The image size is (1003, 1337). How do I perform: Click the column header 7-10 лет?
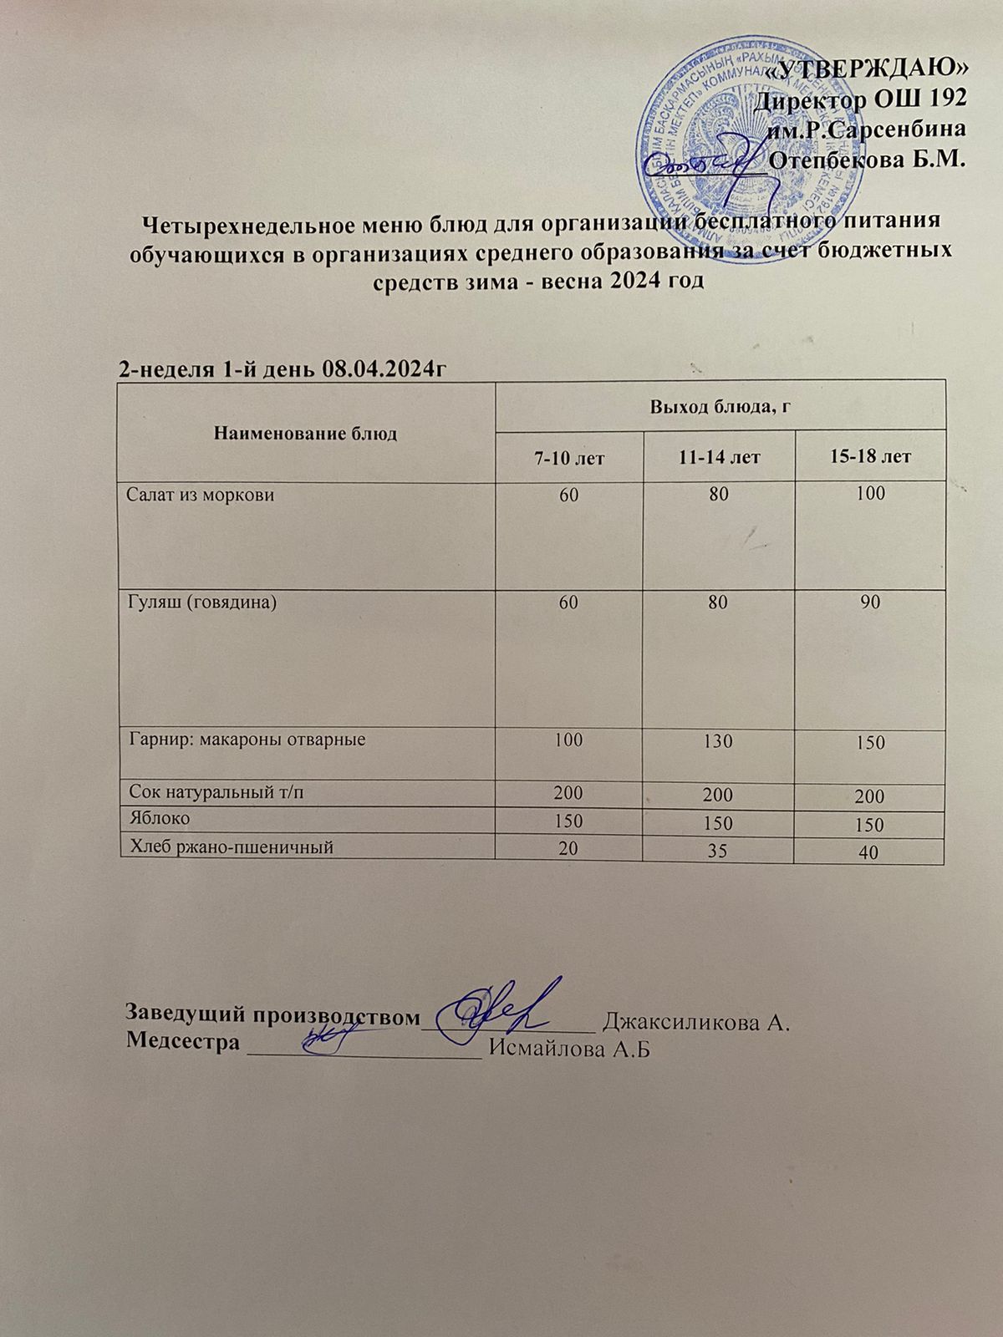[x=569, y=458]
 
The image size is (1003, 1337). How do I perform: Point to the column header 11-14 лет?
[x=719, y=458]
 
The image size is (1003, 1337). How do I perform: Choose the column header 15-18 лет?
[x=869, y=457]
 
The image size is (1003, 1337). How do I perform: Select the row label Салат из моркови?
[x=201, y=495]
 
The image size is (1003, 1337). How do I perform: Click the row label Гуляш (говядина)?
[x=201, y=602]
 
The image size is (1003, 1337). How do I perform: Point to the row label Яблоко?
[x=160, y=820]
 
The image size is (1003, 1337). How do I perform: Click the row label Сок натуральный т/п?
[x=215, y=792]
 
